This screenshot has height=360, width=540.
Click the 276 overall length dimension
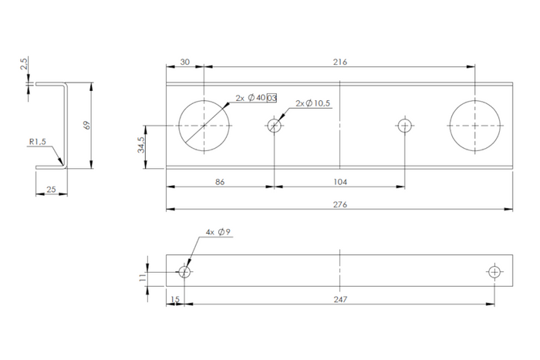click(340, 205)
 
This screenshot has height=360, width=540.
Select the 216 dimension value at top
click(340, 62)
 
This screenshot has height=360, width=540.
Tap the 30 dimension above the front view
click(184, 62)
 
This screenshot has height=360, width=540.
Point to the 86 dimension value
click(220, 182)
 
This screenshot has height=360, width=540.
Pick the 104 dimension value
click(340, 182)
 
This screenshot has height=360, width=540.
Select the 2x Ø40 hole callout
click(256, 98)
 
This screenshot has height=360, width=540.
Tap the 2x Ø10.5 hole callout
click(315, 103)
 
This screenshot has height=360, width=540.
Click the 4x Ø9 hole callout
click(218, 231)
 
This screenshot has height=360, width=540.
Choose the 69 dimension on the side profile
click(87, 124)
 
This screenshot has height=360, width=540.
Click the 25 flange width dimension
click(51, 190)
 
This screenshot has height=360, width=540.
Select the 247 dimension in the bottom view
click(340, 299)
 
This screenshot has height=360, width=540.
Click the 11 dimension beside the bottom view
click(142, 278)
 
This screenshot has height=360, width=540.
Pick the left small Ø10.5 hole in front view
click(274, 125)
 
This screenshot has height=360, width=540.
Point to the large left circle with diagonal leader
click(204, 125)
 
